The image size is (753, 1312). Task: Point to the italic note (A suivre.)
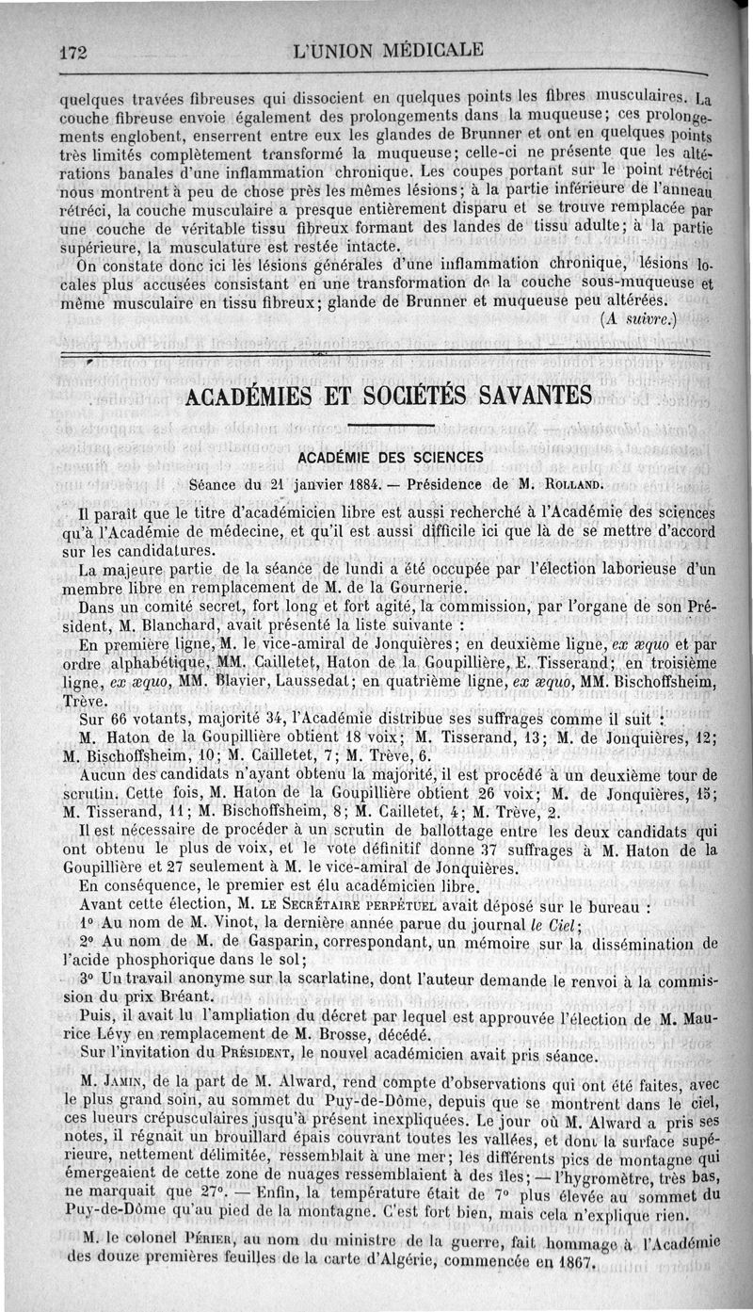(x=638, y=318)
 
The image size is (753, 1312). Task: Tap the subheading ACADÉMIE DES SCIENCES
(x=390, y=457)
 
